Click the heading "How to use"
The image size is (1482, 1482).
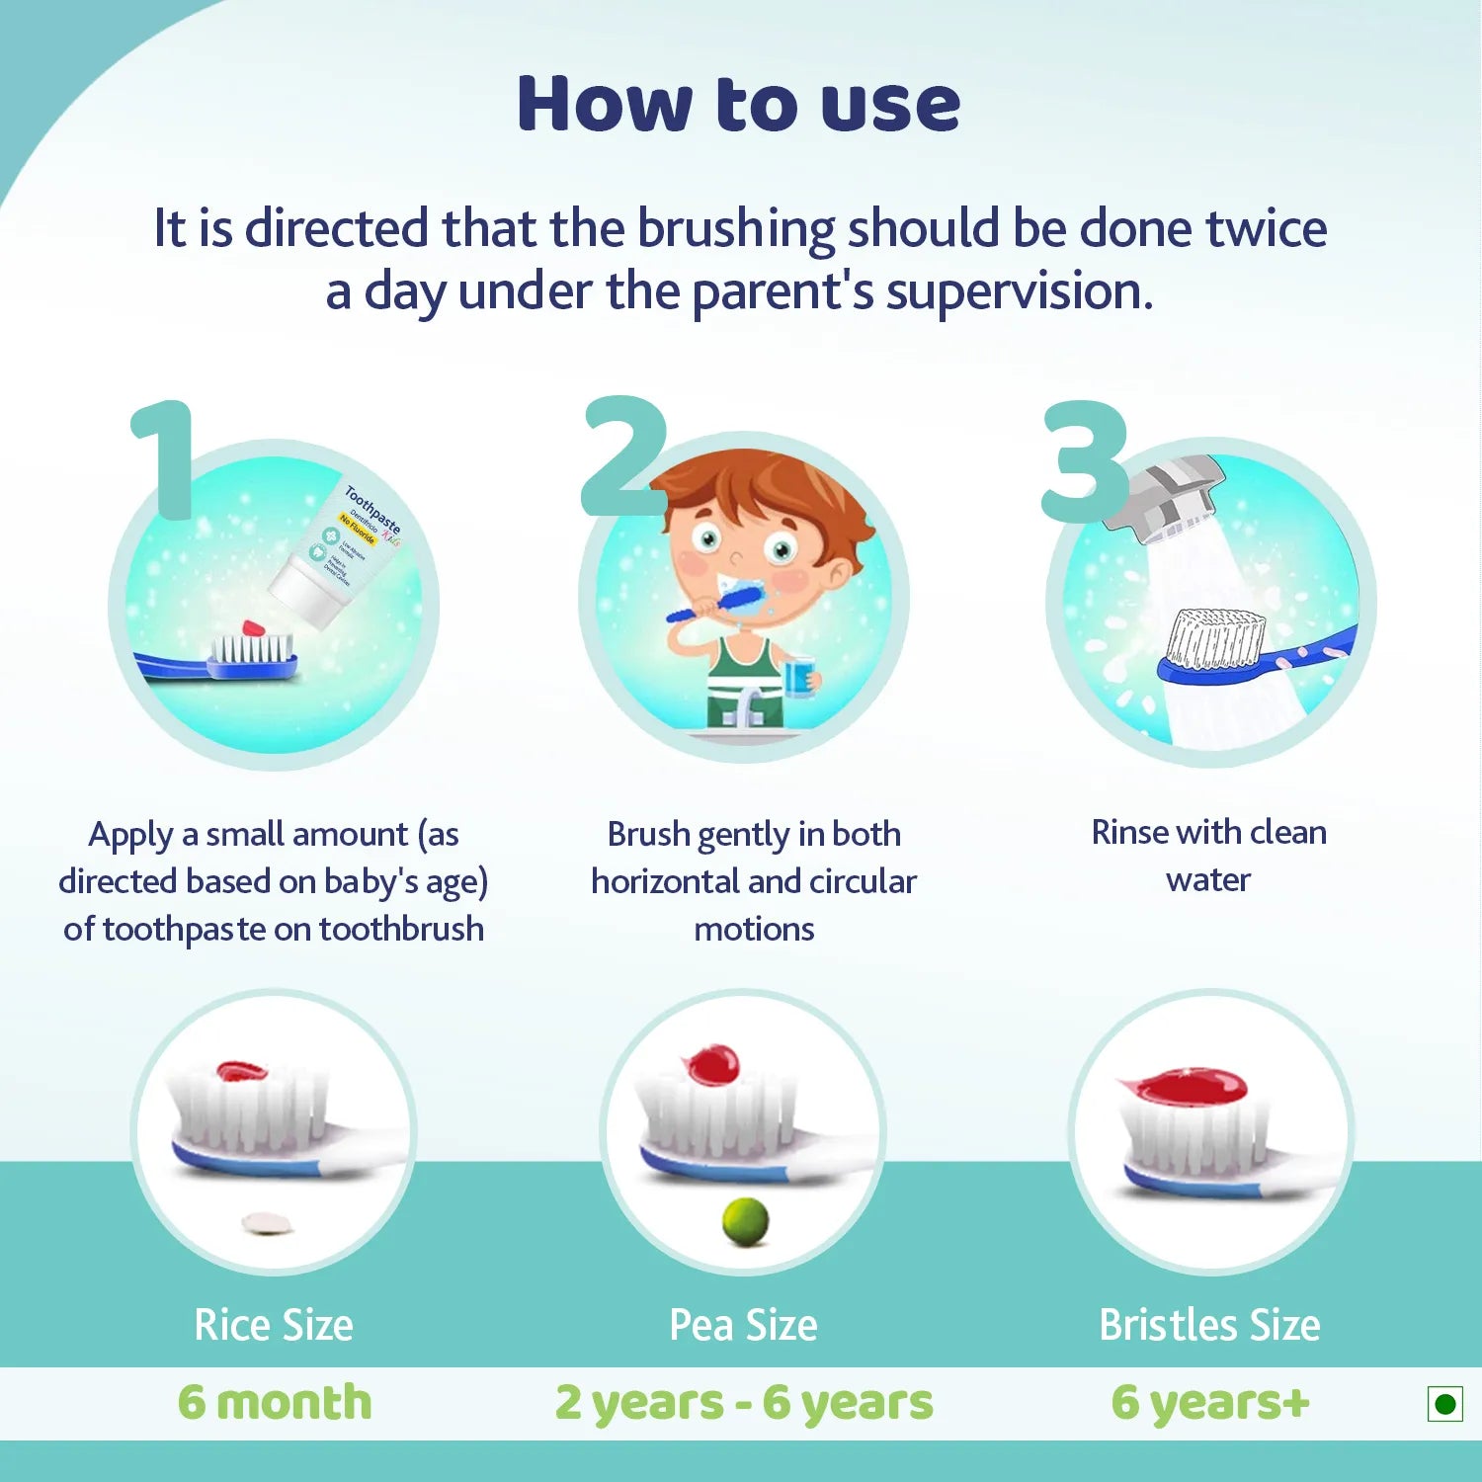738,104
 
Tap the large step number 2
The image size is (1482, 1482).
622,456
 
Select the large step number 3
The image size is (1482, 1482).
1085,461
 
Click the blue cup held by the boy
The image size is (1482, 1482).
798,677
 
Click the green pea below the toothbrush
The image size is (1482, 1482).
745,1221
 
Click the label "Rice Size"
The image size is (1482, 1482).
274,1325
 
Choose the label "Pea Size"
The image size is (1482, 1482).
743,1325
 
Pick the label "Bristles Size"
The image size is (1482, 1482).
1209,1325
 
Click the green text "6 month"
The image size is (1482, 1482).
275,1402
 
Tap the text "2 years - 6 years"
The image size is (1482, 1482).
743,1403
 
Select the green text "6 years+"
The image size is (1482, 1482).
1210,1402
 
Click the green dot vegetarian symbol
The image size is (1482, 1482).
1444,1404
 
